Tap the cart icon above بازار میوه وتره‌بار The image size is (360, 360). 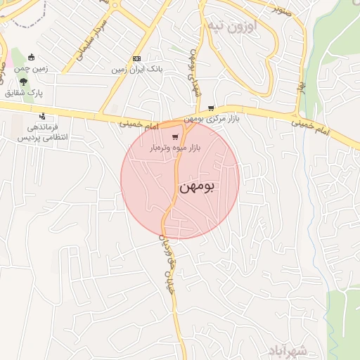pyautogui.click(x=175, y=137)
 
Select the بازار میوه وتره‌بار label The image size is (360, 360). pyautogui.click(x=174, y=148)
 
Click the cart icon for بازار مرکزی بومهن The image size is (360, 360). pyautogui.click(x=212, y=108)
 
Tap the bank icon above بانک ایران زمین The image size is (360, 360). pyautogui.click(x=136, y=59)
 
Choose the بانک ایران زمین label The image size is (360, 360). pyautogui.click(x=137, y=70)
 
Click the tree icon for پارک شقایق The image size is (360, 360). pyautogui.click(x=24, y=82)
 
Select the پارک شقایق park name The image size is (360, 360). pyautogui.click(x=25, y=93)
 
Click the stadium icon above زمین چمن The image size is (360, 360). pyautogui.click(x=31, y=57)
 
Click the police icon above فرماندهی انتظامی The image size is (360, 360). pyautogui.click(x=42, y=116)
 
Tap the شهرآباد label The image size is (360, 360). pyautogui.click(x=288, y=350)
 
